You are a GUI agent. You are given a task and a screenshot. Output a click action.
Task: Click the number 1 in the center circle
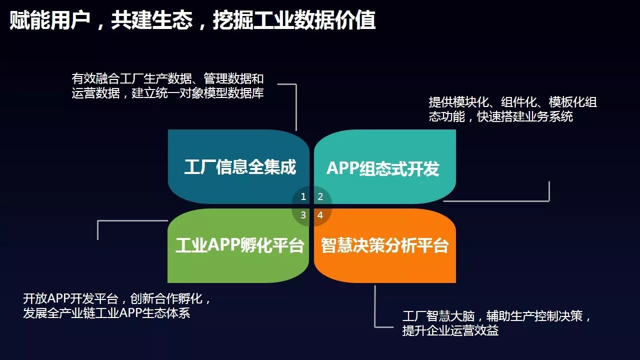[x=303, y=196]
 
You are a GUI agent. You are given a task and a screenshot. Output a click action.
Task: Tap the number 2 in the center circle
[x=320, y=196]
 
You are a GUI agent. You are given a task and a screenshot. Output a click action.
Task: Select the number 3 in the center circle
[x=303, y=215]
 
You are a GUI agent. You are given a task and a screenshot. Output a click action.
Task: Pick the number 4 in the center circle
[x=320, y=215]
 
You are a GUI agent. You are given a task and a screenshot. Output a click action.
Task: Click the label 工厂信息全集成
[x=240, y=167]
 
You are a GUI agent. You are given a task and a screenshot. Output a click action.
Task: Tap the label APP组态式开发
[x=383, y=168]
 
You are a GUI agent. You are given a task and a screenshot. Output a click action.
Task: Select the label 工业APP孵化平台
[x=239, y=245]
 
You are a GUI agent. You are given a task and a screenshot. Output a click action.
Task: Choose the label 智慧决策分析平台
[x=384, y=245]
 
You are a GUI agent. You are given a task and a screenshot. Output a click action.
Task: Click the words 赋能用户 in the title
[x=50, y=19]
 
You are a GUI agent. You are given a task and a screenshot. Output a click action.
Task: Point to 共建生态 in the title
[x=151, y=19]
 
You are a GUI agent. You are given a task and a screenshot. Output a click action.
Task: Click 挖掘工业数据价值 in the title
[x=294, y=19]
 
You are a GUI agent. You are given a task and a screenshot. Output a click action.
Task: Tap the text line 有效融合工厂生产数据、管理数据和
[x=167, y=78]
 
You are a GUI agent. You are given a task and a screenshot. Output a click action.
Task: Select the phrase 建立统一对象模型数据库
[x=197, y=93]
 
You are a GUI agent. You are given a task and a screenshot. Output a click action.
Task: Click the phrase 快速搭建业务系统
[x=525, y=116]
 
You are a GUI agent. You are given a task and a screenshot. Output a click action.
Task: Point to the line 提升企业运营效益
[x=450, y=330]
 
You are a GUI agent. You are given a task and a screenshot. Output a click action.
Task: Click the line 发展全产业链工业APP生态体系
[x=106, y=313]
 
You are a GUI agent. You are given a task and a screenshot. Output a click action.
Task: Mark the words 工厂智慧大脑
[x=438, y=316]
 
